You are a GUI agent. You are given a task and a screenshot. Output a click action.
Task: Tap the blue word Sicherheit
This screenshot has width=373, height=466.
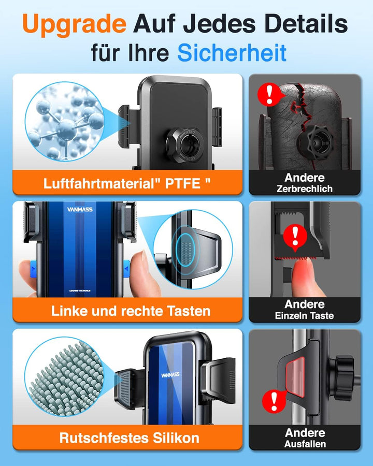(232, 53)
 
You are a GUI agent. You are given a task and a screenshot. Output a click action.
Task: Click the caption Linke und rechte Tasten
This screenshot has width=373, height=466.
(131, 311)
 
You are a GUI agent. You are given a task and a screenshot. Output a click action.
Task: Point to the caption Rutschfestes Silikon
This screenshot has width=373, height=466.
(130, 438)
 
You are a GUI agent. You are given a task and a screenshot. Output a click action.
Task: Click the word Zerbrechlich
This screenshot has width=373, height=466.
(305, 188)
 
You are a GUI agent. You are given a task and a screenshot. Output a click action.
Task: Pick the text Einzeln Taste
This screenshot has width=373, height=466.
(304, 315)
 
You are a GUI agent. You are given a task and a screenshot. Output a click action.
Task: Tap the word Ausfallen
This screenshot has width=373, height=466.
(305, 444)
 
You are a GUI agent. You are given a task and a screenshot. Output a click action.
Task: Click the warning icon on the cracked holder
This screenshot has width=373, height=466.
(269, 94)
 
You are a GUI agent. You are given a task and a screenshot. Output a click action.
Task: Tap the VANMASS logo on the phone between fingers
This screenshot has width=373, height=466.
(80, 209)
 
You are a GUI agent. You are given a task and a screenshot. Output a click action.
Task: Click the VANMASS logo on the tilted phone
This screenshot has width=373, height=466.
(170, 375)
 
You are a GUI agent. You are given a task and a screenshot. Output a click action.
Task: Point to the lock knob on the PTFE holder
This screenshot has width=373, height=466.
(185, 145)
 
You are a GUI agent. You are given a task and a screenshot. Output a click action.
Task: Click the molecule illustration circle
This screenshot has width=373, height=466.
(65, 122)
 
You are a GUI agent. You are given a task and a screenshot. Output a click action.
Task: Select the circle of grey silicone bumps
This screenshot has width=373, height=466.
(65, 376)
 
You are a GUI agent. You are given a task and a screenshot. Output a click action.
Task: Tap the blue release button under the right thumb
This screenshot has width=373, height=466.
(127, 269)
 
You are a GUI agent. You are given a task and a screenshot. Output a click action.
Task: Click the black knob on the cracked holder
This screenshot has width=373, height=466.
(315, 143)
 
